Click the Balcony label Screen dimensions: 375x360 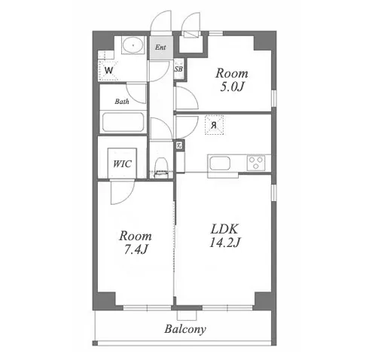[185, 329]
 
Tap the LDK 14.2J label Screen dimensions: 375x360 [224, 236]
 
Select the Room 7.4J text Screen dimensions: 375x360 [136, 243]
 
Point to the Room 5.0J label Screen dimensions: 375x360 [232, 80]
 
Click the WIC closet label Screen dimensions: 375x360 [122, 164]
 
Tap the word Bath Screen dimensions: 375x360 [122, 102]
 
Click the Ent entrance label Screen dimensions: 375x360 [160, 47]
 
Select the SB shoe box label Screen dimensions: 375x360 [178, 69]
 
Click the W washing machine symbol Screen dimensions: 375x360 [108, 71]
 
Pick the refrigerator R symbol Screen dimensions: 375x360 [214, 125]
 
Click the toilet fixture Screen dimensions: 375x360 [160, 167]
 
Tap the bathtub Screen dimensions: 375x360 [123, 122]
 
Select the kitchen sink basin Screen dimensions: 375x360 [220, 163]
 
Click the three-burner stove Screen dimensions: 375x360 [256, 163]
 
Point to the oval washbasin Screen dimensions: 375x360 [133, 45]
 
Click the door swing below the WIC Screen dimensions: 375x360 [123, 192]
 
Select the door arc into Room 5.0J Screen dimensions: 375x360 [187, 97]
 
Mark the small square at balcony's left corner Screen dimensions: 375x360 [95, 343]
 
